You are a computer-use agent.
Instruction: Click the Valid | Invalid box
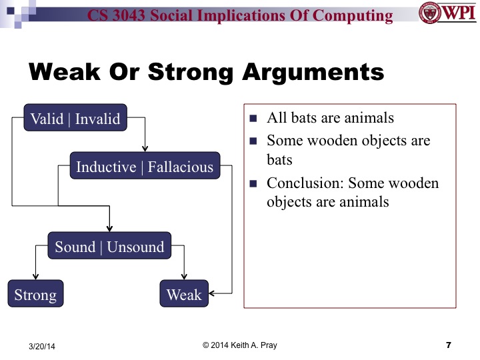[x=75, y=119]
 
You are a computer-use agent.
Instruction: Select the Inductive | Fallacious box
[x=145, y=166]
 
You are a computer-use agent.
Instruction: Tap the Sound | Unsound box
[x=109, y=247]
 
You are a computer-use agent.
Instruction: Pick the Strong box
[x=35, y=294]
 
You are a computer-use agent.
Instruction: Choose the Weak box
[x=184, y=294]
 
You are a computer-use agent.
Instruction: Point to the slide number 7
[x=448, y=345]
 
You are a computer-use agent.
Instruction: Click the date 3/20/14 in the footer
[x=43, y=346]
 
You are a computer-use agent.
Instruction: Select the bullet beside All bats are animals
[x=253, y=119]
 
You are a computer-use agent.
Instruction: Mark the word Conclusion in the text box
[x=304, y=183]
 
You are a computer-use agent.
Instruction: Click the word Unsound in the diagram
[x=135, y=247]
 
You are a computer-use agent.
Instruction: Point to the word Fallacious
[x=181, y=166]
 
